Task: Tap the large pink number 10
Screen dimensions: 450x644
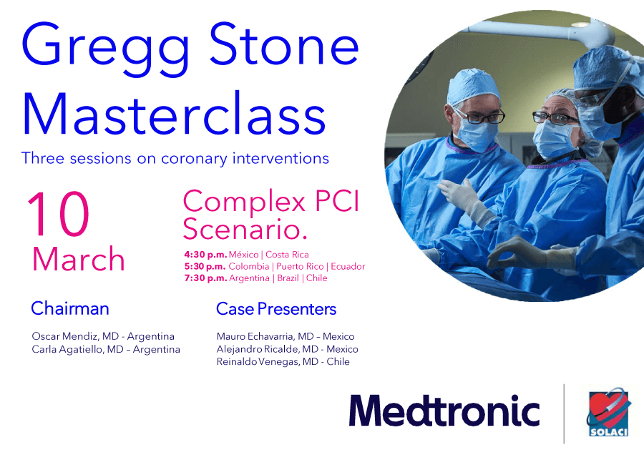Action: point(59,216)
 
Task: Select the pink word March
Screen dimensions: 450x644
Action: point(79,259)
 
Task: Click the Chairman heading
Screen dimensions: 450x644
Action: point(70,309)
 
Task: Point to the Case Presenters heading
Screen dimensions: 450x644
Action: point(276,309)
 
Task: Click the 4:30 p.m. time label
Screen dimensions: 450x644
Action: point(205,255)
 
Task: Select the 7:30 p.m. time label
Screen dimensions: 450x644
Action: point(205,278)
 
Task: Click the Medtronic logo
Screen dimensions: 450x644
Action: point(444,411)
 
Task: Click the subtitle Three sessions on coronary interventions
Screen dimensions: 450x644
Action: point(175,158)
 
